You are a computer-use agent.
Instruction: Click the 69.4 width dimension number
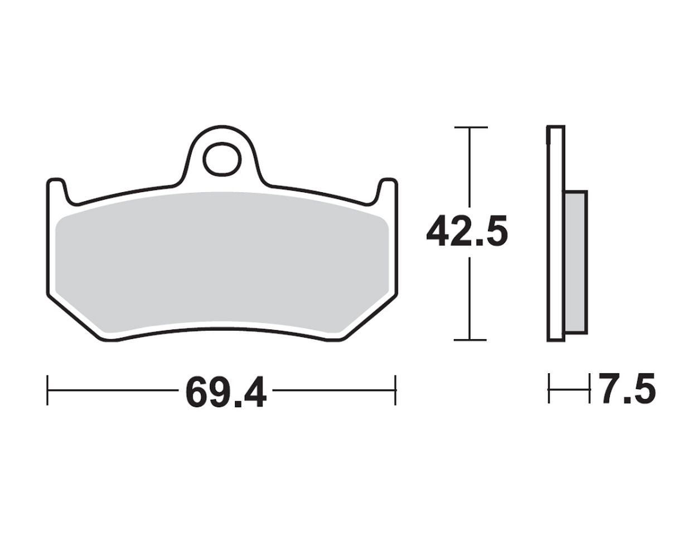click(226, 393)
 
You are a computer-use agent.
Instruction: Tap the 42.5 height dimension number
click(467, 231)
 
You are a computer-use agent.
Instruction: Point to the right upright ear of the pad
click(387, 191)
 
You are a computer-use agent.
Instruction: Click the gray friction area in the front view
click(222, 263)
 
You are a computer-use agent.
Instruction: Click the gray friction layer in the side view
click(576, 262)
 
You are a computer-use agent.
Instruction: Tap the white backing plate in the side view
click(556, 233)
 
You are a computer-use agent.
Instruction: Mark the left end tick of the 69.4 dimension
click(47, 390)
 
